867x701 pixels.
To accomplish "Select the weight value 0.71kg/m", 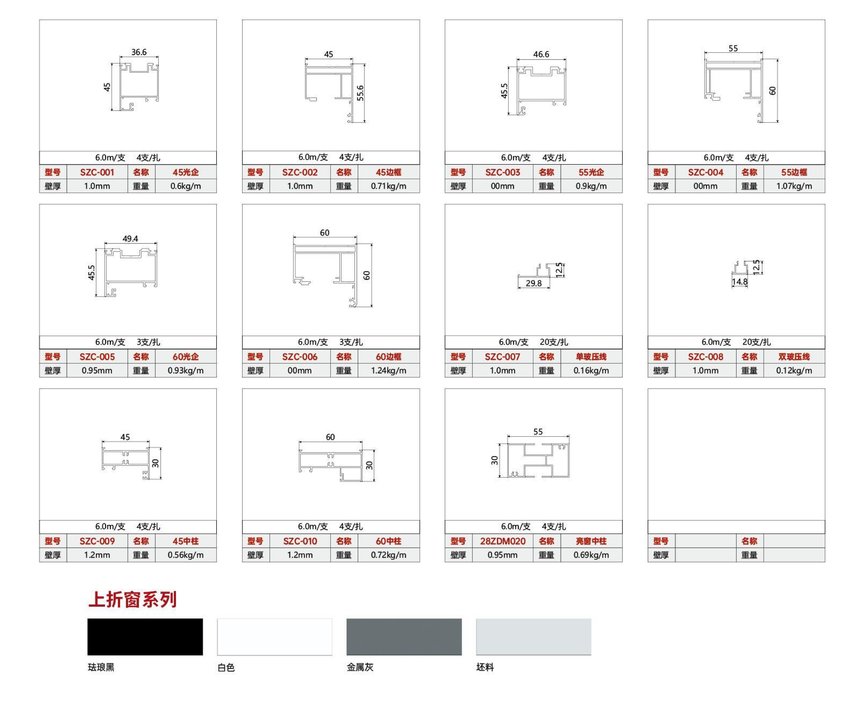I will [x=388, y=186].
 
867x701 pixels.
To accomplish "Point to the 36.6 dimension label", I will [x=139, y=52].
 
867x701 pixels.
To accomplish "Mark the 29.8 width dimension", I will [x=534, y=283].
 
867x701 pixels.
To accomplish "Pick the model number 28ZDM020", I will [x=502, y=541].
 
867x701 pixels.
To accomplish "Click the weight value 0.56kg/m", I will [x=186, y=555].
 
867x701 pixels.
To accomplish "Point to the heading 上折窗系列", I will [x=132, y=600].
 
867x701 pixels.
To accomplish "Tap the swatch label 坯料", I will [x=485, y=667].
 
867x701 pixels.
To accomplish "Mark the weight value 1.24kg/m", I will [x=388, y=371].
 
